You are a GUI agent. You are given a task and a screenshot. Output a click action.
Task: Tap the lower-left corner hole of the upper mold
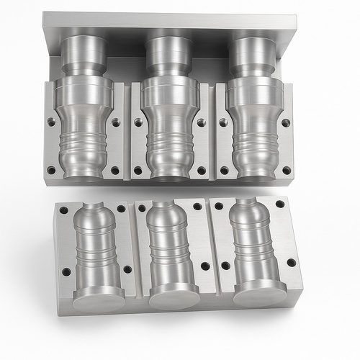(x=52, y=171)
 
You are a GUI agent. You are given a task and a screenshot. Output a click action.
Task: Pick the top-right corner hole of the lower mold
(x=280, y=204)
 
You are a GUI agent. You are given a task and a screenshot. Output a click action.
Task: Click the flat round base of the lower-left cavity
(x=99, y=297)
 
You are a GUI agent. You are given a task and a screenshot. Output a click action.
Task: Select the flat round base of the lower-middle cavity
(x=174, y=295)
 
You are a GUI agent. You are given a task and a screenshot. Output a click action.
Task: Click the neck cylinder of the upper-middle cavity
(x=169, y=55)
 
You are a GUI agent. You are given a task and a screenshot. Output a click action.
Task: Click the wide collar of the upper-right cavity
(x=254, y=94)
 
